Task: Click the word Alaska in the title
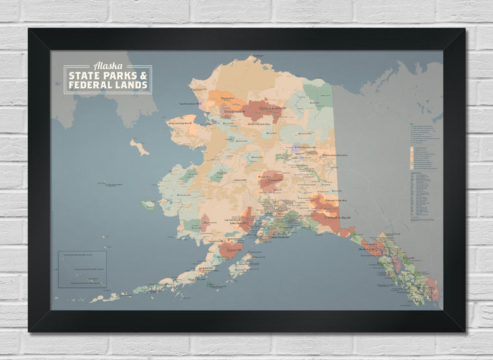pos(107,66)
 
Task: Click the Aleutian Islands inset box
pos(82,269)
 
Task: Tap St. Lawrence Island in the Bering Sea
pos(139,147)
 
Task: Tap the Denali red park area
pos(271,180)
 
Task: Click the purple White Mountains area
pos(296,147)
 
